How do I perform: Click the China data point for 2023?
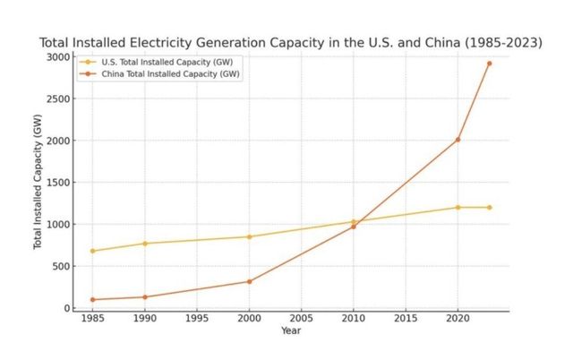pyautogui.click(x=489, y=64)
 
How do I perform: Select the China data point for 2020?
pyautogui.click(x=458, y=140)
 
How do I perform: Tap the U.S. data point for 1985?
pyautogui.click(x=92, y=251)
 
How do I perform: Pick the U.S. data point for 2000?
pyautogui.click(x=249, y=236)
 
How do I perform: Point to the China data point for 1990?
pyautogui.click(x=144, y=297)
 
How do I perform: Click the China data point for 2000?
pyautogui.click(x=249, y=281)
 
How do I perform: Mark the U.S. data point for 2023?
pyautogui.click(x=489, y=208)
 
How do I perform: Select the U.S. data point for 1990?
pyautogui.click(x=144, y=244)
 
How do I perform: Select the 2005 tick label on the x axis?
pyautogui.click(x=301, y=318)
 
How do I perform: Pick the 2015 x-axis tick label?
pyautogui.click(x=406, y=318)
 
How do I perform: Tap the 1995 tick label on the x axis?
pyautogui.click(x=196, y=318)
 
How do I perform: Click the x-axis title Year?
pyautogui.click(x=290, y=330)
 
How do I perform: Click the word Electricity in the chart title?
pyautogui.click(x=181, y=42)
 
